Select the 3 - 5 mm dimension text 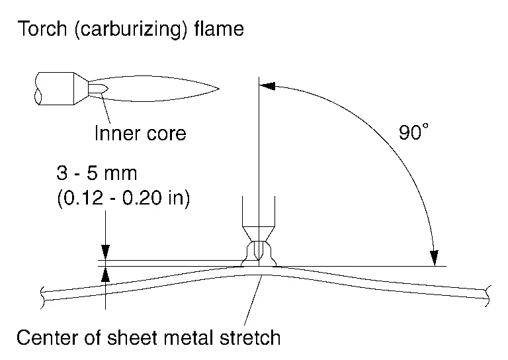(x=96, y=174)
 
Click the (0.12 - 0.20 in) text (x=122, y=198)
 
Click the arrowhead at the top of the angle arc (x=264, y=85)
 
